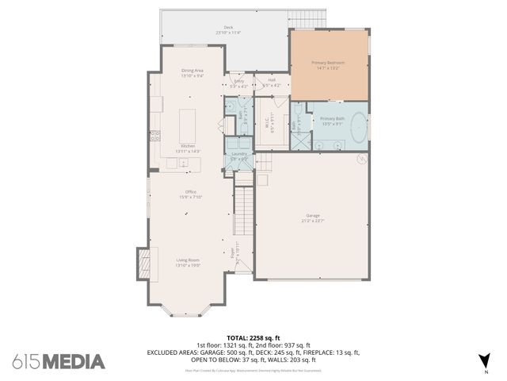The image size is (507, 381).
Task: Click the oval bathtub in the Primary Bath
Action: pyautogui.click(x=359, y=127)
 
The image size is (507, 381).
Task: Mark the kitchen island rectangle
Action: pyautogui.click(x=189, y=123)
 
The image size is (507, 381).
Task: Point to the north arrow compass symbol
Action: pyautogui.click(x=484, y=359)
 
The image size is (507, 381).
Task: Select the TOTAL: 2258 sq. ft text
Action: pyautogui.click(x=253, y=337)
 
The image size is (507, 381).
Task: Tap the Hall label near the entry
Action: pyautogui.click(x=271, y=79)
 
